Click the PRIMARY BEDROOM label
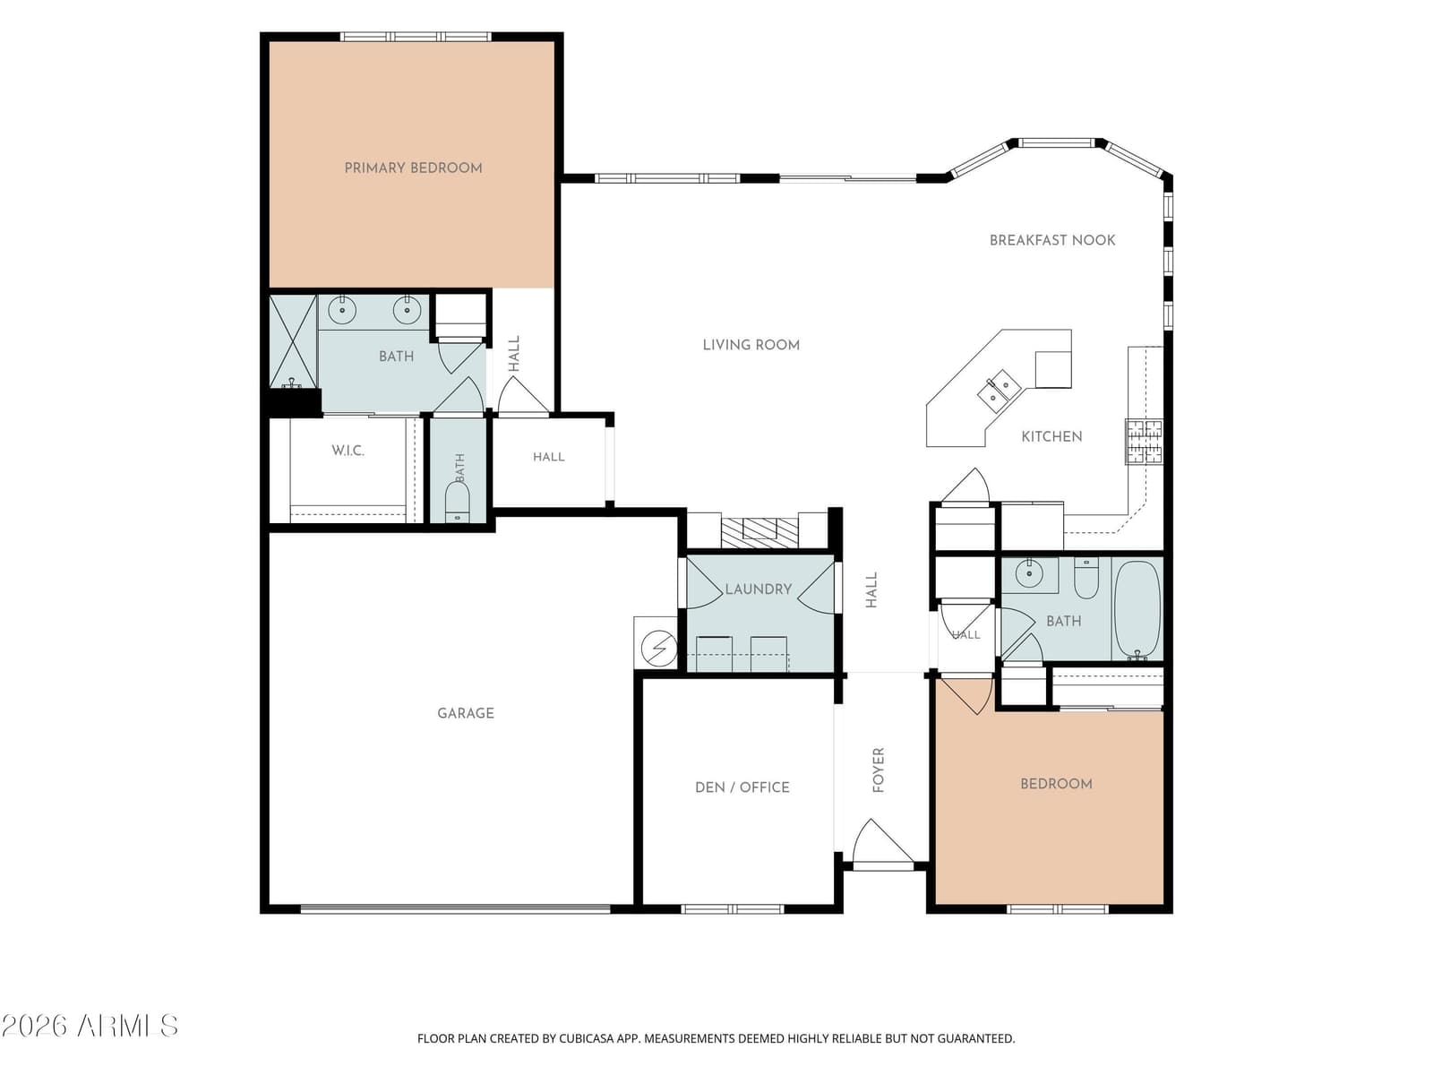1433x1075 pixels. (413, 168)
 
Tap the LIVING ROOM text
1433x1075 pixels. (751, 345)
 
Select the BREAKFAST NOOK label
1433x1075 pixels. (1052, 240)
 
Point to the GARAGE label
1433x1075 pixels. (466, 713)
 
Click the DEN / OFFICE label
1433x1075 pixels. (742, 787)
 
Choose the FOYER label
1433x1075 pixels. (879, 770)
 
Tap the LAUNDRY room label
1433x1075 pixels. (758, 589)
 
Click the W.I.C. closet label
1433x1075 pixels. (348, 451)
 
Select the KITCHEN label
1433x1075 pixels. (1051, 436)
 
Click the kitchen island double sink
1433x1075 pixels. (999, 391)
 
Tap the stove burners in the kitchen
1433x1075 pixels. (1144, 442)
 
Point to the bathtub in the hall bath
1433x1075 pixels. (1137, 610)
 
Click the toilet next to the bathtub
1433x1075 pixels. (1085, 578)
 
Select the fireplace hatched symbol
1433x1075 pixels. (759, 533)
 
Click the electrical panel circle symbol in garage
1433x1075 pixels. (658, 648)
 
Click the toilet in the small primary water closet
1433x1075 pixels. (457, 503)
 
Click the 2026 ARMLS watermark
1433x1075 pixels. (90, 1026)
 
